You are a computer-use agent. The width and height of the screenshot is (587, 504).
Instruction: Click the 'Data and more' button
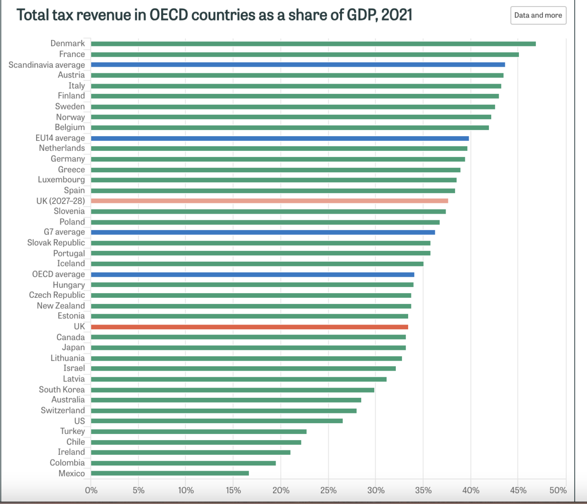click(x=538, y=15)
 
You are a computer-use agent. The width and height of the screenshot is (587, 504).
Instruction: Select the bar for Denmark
click(x=313, y=44)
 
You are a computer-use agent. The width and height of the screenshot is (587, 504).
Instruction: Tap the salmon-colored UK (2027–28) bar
click(x=269, y=201)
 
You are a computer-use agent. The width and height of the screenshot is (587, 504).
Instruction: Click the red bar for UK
click(x=249, y=327)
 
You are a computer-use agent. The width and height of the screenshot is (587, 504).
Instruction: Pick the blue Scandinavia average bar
click(x=298, y=65)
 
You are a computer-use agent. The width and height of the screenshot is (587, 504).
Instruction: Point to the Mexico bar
click(x=170, y=473)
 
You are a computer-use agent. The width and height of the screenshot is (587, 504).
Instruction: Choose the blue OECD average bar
click(x=252, y=274)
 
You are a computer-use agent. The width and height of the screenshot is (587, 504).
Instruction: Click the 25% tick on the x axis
click(x=328, y=490)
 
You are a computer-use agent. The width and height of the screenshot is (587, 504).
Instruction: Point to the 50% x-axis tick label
click(x=558, y=490)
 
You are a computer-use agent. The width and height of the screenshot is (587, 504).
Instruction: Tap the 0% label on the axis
click(x=91, y=490)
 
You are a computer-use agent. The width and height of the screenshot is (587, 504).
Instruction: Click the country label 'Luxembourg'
click(x=62, y=180)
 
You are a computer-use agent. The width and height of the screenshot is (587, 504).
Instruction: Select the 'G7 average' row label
click(x=64, y=232)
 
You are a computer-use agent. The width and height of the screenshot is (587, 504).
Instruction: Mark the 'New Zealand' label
click(x=61, y=306)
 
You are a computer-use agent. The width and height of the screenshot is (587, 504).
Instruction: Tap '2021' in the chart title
click(x=397, y=15)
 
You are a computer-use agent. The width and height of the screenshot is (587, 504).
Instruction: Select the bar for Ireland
click(x=190, y=452)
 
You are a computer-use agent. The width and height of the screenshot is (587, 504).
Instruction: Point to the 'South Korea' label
click(x=62, y=389)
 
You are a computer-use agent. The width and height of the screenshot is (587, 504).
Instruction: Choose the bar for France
click(x=305, y=54)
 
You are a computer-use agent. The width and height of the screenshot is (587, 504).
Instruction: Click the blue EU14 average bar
click(x=280, y=138)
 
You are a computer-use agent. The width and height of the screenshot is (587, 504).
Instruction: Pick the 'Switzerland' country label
click(x=63, y=411)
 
